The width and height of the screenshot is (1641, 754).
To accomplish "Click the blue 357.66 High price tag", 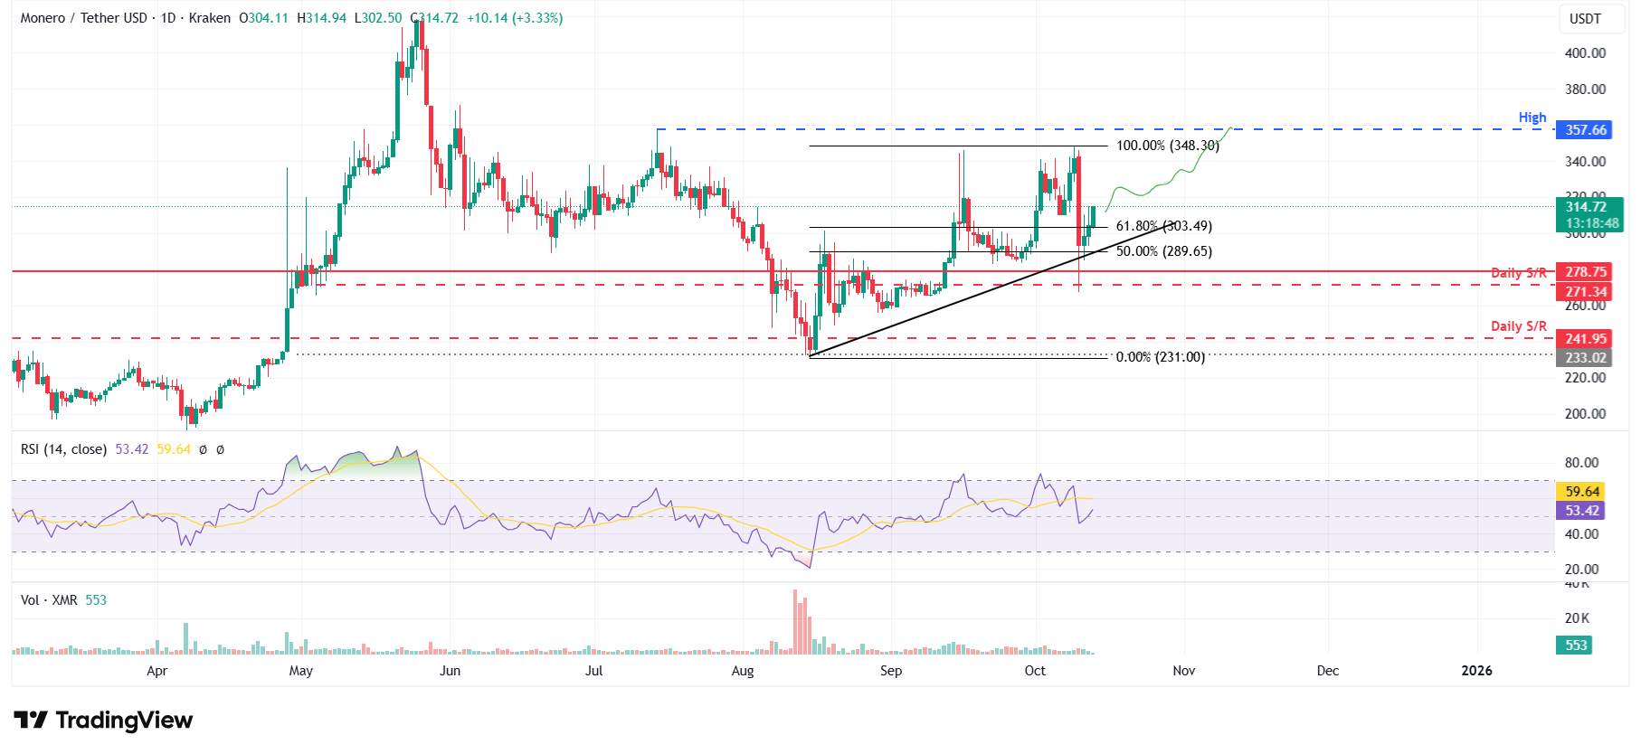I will [1586, 130].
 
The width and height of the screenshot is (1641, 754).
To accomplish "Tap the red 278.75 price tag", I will [1586, 272].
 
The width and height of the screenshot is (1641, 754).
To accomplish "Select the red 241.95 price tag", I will [1586, 339].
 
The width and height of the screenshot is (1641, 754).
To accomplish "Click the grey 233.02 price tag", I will [1586, 358].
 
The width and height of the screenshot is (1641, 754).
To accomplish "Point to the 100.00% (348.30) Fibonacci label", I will [1167, 146].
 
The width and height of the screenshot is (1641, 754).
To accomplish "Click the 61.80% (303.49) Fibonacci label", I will [1163, 226].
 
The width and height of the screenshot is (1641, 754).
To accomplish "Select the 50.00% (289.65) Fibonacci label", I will [1163, 251].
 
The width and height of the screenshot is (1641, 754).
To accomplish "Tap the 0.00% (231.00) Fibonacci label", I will [1160, 357].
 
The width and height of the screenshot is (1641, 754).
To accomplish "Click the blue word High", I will [1532, 118].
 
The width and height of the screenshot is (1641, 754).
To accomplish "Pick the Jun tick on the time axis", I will [450, 671].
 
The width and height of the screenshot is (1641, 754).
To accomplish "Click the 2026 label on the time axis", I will [1476, 671].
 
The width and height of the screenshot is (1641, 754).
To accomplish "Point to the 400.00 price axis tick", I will [1585, 53].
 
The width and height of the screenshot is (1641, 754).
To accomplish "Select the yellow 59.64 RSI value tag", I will [1582, 492].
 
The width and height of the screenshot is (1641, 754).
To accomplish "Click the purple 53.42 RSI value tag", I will [1582, 511].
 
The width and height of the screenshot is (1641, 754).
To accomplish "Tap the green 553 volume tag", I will [1576, 646].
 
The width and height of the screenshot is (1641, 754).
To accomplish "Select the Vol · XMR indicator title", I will [49, 600].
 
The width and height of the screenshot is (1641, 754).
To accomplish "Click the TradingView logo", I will [103, 721].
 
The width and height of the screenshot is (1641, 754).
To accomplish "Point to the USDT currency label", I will [1585, 19].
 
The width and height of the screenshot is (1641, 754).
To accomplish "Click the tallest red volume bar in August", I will [795, 622].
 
